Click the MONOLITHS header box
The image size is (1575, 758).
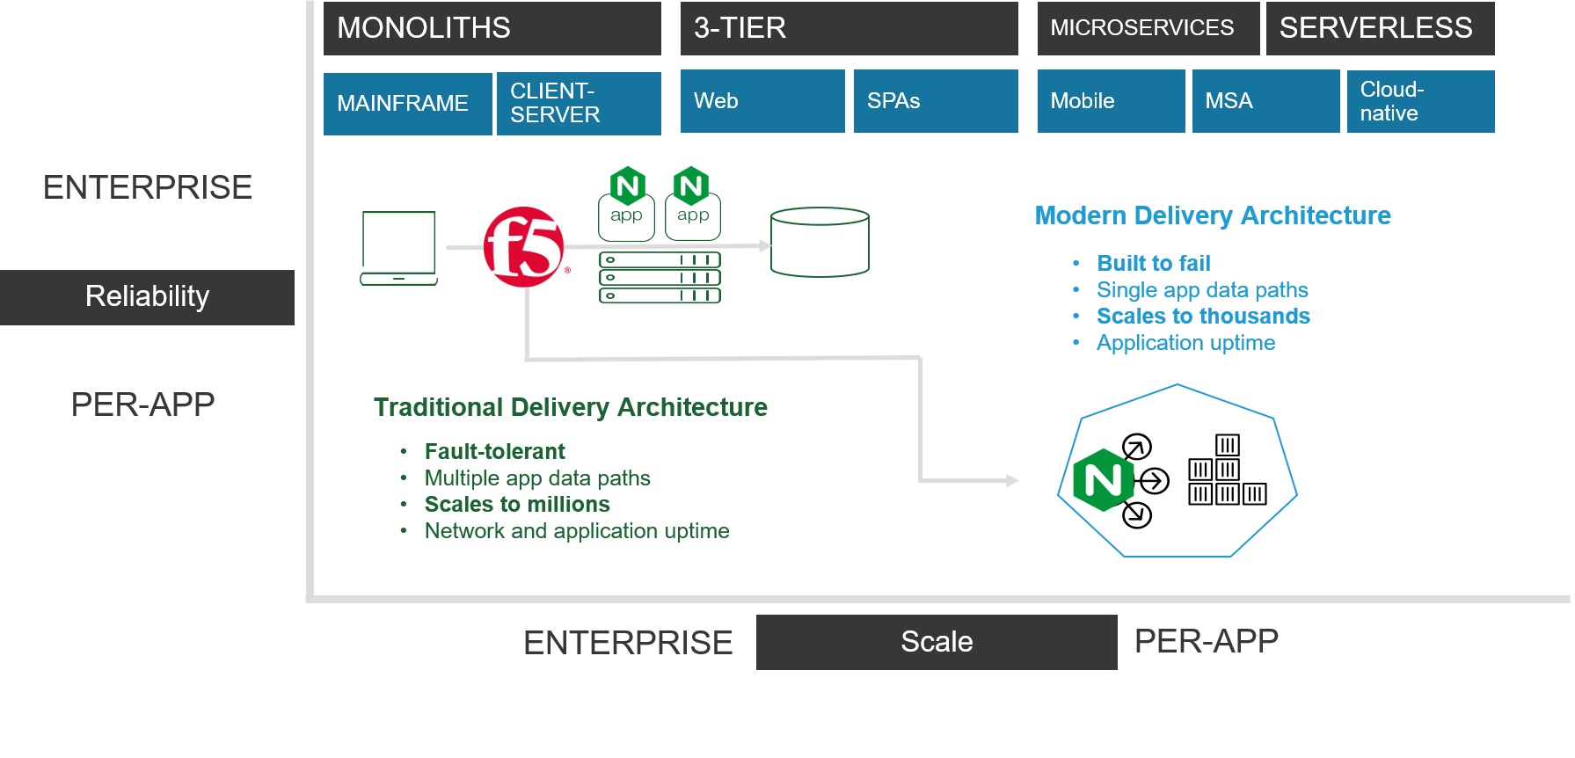(x=492, y=28)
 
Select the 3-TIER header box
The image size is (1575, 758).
(x=849, y=28)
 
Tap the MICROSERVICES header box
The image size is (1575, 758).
(x=1148, y=28)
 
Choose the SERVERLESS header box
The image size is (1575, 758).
(x=1380, y=28)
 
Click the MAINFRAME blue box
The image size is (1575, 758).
(x=407, y=104)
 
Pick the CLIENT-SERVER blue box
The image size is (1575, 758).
(x=579, y=104)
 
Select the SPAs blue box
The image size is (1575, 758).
(x=936, y=101)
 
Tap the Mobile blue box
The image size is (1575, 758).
(x=1111, y=101)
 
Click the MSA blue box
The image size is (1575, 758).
(x=1265, y=101)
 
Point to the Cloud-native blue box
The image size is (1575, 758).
(x=1420, y=101)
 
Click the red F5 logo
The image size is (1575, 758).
(x=524, y=247)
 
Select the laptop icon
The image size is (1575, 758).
(x=398, y=248)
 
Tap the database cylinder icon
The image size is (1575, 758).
(x=820, y=242)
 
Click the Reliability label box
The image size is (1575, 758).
(x=147, y=297)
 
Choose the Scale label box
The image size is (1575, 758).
(x=937, y=642)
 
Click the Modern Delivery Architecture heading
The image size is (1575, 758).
(x=1213, y=215)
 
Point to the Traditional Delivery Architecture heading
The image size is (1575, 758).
(x=571, y=407)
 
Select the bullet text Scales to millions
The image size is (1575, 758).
(x=517, y=504)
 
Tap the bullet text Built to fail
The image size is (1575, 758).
(x=1154, y=263)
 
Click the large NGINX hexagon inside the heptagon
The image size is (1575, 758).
(x=1103, y=479)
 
